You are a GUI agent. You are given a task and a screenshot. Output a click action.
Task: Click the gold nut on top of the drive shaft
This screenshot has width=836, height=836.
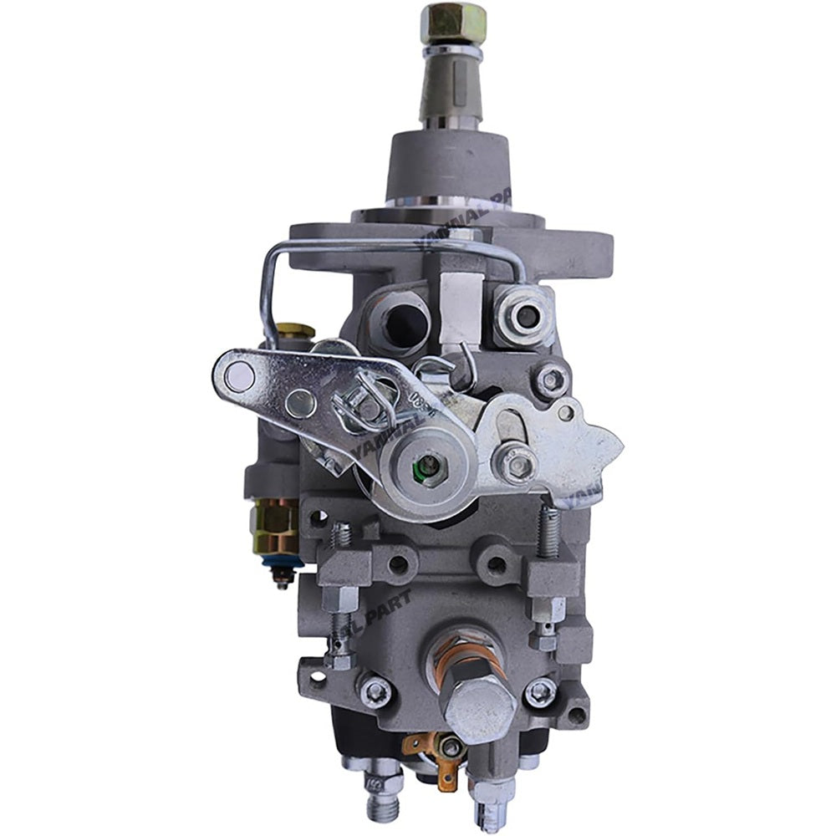(453, 20)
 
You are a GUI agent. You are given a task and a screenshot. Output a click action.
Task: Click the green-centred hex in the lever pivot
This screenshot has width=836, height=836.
(428, 465)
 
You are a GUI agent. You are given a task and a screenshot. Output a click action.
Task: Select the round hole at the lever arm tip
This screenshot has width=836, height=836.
(240, 378)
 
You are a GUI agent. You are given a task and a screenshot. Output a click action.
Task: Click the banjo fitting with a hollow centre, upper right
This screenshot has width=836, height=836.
(527, 315)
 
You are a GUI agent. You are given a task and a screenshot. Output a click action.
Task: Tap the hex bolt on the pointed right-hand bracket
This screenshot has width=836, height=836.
(515, 462)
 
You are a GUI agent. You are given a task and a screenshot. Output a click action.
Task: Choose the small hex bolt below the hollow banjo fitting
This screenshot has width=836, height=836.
(551, 380)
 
